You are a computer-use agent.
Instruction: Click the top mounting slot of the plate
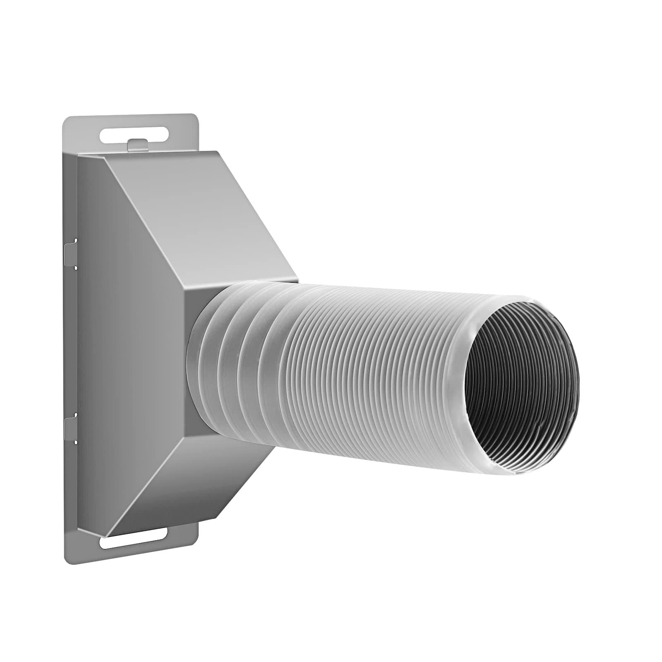pos(134,135)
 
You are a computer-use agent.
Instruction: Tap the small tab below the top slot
pos(137,145)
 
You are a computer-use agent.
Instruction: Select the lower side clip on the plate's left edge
pos(70,427)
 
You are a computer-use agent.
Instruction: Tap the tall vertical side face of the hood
pos(128,343)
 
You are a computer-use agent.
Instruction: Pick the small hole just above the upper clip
pos(75,240)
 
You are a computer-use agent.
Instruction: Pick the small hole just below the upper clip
pos(75,268)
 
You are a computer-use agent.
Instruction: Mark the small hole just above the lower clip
pos(75,413)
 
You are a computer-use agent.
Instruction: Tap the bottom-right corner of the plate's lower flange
pos(195,540)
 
